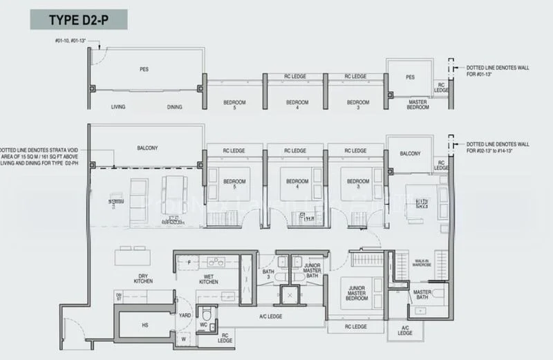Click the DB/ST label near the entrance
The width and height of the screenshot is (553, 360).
(119, 296)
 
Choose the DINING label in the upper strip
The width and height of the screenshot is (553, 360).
(174, 107)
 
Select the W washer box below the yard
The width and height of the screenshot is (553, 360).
(183, 339)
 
